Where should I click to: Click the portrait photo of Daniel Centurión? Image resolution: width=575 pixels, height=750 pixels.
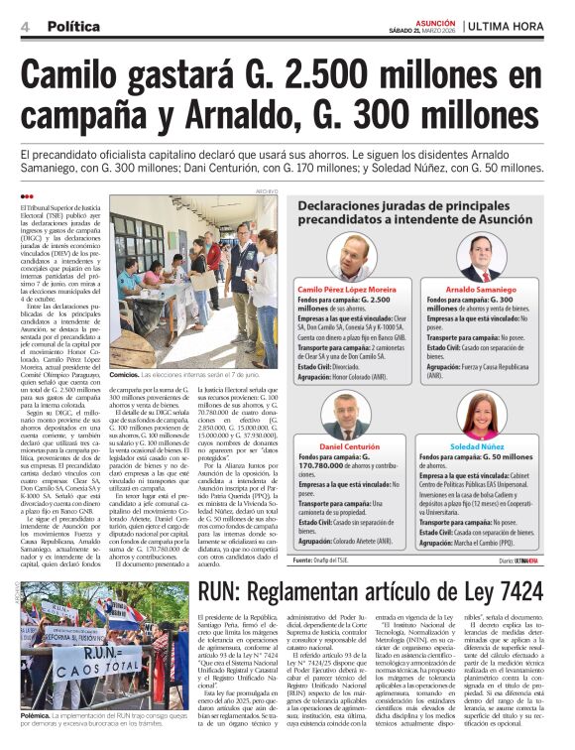[x=350, y=417]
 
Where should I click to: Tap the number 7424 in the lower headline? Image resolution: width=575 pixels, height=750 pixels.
[x=516, y=591]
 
